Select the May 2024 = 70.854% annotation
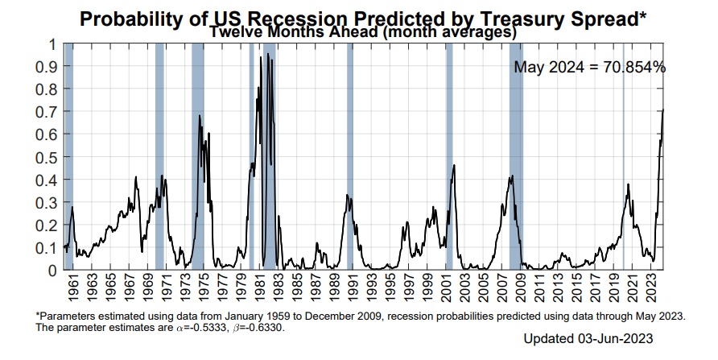click(589, 68)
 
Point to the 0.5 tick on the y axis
click(51, 157)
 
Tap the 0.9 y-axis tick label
click(51, 67)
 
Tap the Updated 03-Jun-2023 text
click(587, 338)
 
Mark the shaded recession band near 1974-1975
click(198, 153)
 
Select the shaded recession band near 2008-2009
click(515, 153)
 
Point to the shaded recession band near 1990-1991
click(350, 153)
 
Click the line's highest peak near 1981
click(260, 57)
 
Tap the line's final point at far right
click(662, 110)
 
